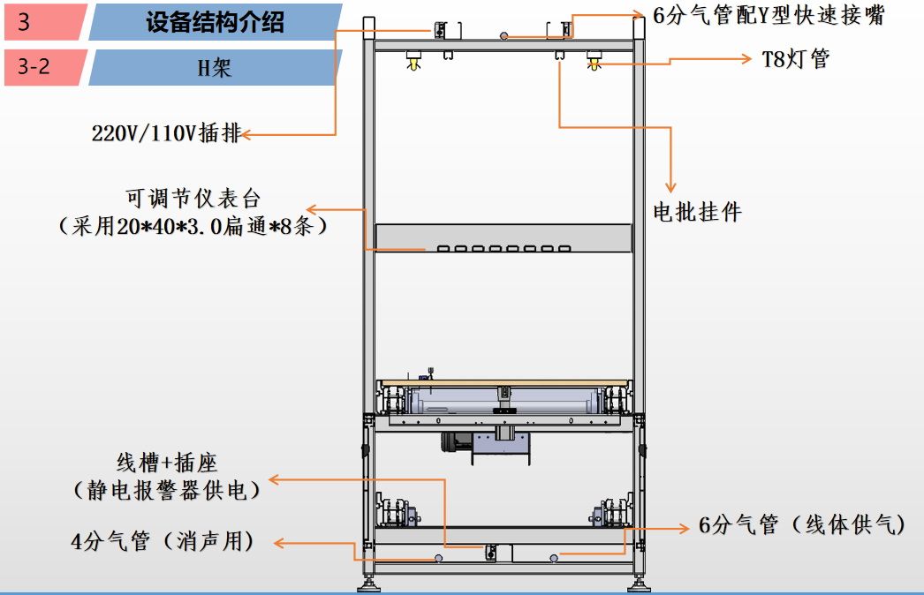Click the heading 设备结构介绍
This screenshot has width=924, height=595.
(x=215, y=22)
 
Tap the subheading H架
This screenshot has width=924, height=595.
(x=215, y=67)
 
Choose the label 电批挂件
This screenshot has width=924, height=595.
(x=697, y=212)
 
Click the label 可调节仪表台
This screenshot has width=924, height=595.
(x=194, y=199)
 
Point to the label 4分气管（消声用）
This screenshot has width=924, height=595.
(x=163, y=541)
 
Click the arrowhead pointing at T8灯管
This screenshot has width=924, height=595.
(x=747, y=60)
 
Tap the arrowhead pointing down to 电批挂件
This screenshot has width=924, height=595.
(x=670, y=186)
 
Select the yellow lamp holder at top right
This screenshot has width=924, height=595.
(x=595, y=63)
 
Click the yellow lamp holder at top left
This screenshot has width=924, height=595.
(x=412, y=63)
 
